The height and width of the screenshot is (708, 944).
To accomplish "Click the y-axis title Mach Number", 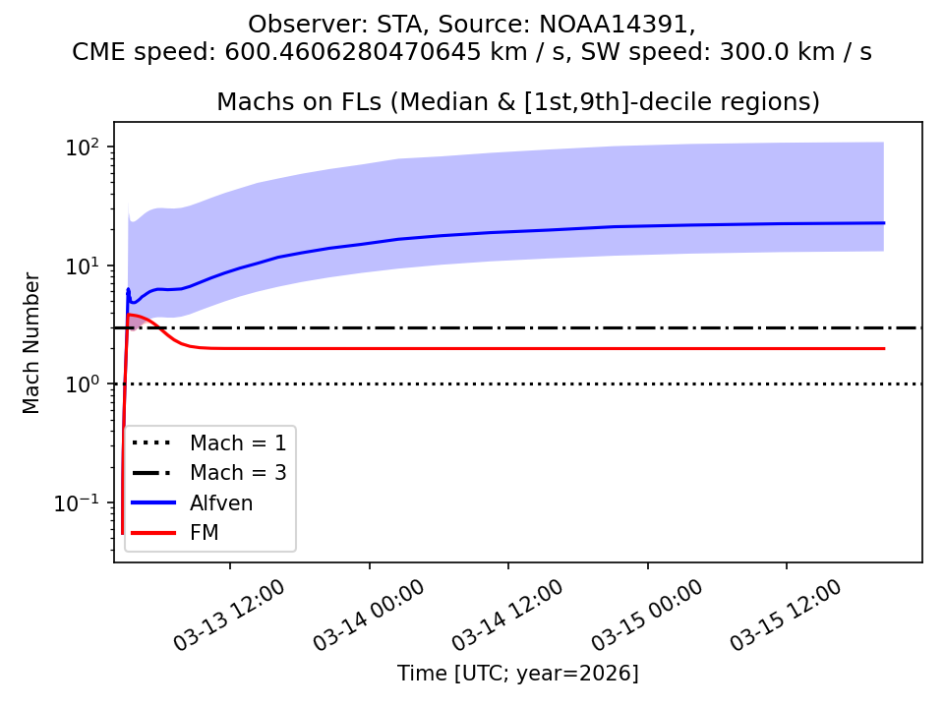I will [32, 343].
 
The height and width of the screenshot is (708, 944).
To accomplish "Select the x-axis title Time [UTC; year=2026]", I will [517, 674].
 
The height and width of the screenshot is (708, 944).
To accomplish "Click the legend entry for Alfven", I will [221, 502].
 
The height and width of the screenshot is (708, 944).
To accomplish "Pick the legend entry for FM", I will [204, 532].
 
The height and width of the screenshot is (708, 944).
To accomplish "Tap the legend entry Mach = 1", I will [238, 442].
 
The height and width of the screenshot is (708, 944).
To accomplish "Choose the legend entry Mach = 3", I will [238, 472].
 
